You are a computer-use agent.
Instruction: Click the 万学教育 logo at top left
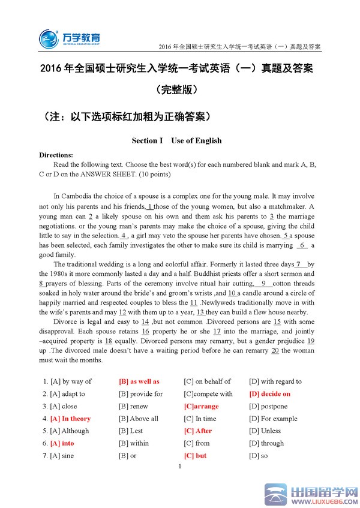[x=69, y=38]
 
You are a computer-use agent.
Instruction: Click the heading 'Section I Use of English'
[x=176, y=141]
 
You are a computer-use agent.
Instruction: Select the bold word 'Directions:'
[x=56, y=155]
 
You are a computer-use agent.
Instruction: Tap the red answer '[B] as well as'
[x=139, y=381]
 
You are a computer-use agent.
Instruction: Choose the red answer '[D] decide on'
[x=269, y=394]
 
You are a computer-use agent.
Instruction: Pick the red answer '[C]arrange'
[x=201, y=406]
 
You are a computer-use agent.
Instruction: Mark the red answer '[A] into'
[x=62, y=443]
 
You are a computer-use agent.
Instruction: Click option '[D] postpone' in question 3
[x=268, y=406]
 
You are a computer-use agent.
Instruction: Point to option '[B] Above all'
[x=139, y=419]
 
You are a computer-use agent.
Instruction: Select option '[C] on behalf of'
[x=207, y=381]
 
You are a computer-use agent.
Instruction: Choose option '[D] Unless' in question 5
[x=265, y=431]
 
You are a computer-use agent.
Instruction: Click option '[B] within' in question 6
[x=134, y=443]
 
